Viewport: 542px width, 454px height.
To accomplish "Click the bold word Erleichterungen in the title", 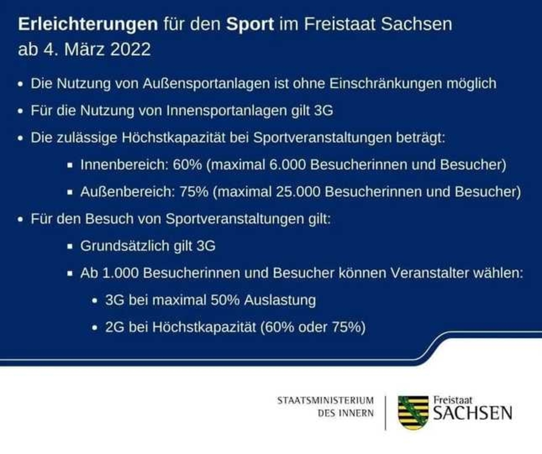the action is click(x=88, y=24).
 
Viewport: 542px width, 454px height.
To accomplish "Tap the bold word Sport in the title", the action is click(x=250, y=24).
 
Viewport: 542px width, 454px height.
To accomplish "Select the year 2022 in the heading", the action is click(x=131, y=49).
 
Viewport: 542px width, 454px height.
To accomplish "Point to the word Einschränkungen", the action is click(x=386, y=83).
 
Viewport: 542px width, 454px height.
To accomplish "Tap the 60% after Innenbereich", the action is click(x=187, y=165).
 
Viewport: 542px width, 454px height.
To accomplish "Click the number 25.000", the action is click(x=298, y=192).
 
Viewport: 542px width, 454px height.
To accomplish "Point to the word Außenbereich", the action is click(x=127, y=192).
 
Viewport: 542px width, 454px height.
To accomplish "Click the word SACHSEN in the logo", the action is click(x=473, y=413).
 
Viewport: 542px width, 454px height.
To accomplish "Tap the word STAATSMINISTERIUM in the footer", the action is click(x=326, y=401).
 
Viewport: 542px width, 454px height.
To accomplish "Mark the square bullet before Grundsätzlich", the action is click(x=70, y=246).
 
